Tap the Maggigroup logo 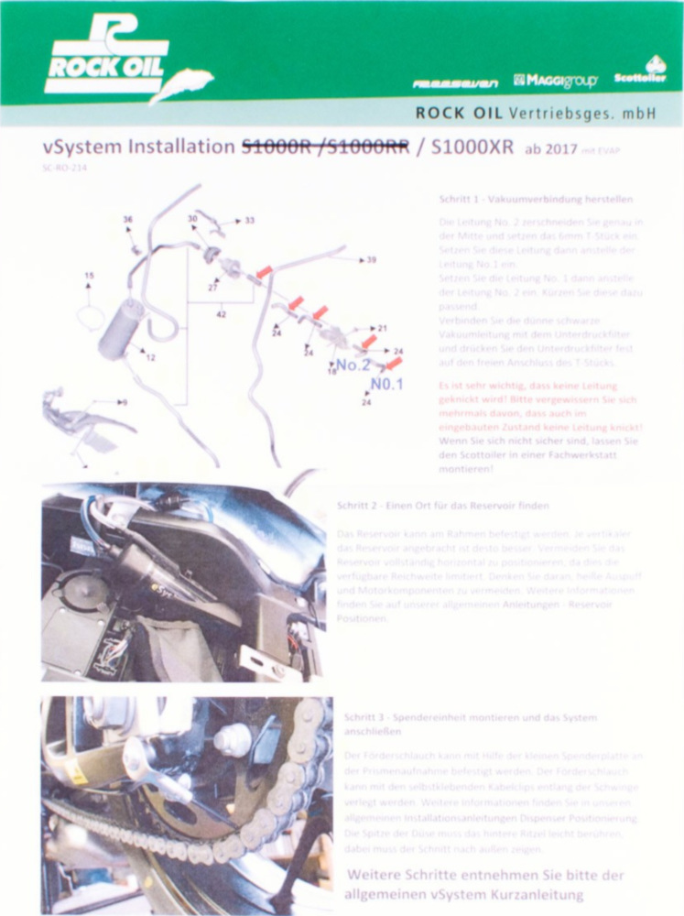click(x=556, y=81)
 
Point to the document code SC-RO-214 click(x=61, y=168)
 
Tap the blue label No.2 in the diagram click(x=353, y=364)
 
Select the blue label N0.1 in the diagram click(x=386, y=384)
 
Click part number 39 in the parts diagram click(x=371, y=260)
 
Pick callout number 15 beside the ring click(x=89, y=275)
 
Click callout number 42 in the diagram click(x=221, y=314)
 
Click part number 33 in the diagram click(x=249, y=221)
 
